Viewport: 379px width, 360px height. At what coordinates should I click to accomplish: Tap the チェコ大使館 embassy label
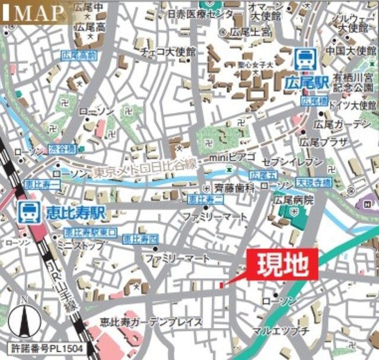click(168, 52)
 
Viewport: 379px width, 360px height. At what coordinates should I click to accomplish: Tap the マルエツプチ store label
click(280, 329)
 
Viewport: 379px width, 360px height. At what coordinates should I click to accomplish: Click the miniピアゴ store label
click(233, 158)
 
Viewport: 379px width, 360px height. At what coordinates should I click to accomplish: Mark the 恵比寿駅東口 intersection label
click(91, 232)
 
